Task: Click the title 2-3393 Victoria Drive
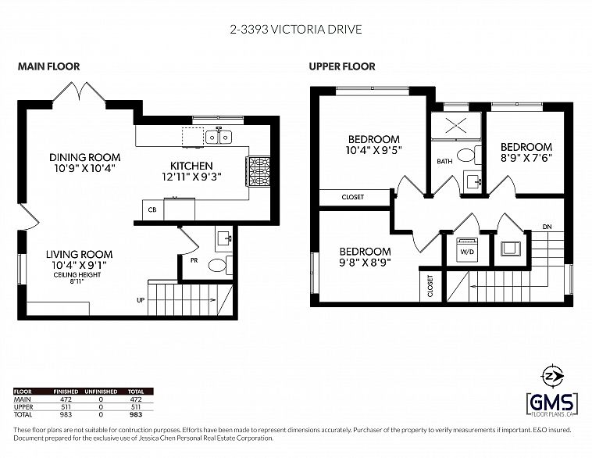coord(295,30)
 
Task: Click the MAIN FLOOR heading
coord(48,67)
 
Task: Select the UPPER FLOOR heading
coord(341,67)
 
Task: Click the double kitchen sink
coord(218,138)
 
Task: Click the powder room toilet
coord(218,265)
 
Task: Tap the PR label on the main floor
coord(192,259)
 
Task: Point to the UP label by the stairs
coord(140,299)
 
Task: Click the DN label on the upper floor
coord(547,227)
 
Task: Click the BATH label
coord(444,162)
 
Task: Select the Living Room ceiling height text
coord(79,277)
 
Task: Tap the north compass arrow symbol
coord(551,374)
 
